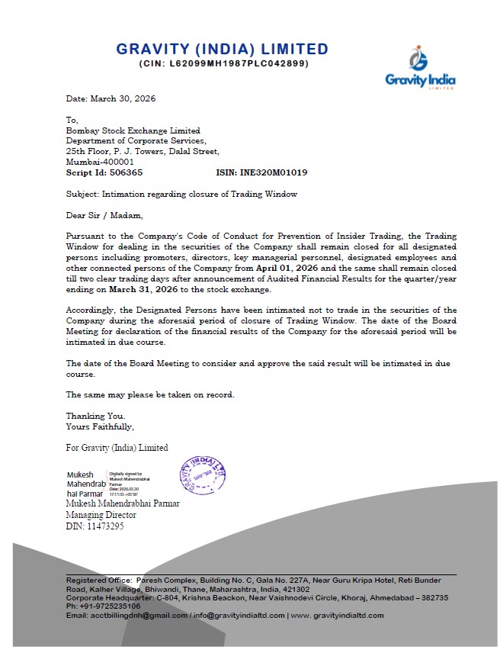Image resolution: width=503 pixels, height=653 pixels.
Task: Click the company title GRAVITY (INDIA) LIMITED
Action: [x=222, y=50]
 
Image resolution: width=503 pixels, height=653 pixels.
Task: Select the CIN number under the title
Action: [x=223, y=63]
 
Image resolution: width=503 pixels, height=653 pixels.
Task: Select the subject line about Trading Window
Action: [x=181, y=195]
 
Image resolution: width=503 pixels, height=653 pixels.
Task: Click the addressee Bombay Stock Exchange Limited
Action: [x=133, y=130]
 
